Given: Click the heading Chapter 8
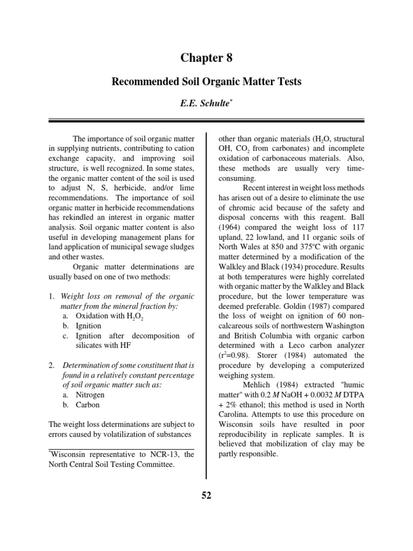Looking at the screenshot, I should point(206,58).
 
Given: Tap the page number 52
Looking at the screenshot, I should point(206,496).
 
